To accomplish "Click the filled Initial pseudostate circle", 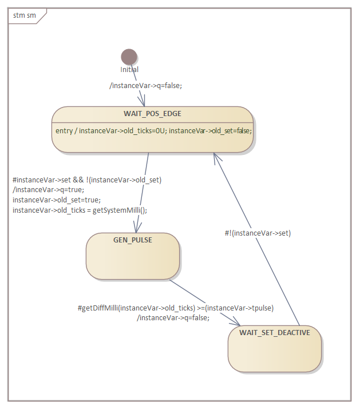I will point(129,57).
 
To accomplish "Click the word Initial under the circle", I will point(129,70).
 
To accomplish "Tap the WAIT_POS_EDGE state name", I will point(152,114).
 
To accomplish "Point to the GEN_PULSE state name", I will point(133,240).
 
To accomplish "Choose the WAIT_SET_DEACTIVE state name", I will point(275,332).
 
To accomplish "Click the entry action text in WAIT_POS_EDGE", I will point(153,130).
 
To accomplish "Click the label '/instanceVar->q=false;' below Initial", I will point(145,85).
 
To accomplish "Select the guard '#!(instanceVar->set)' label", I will point(258,233).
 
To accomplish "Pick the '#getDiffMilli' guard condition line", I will point(176,308).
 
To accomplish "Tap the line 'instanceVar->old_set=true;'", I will point(57,200).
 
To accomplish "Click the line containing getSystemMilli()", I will point(80,210).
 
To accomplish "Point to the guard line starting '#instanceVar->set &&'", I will point(87,180).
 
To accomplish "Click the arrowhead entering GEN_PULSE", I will point(138,228).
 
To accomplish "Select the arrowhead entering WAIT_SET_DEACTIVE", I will point(246,323).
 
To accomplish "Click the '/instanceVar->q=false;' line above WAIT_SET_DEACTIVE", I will point(173,318).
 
